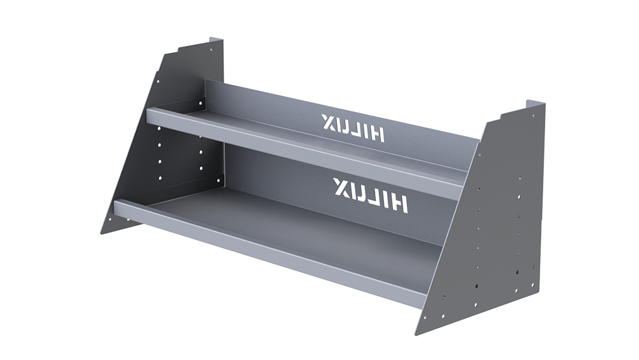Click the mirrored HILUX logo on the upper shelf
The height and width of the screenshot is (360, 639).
[353, 125]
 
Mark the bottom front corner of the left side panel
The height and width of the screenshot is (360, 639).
[103, 233]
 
